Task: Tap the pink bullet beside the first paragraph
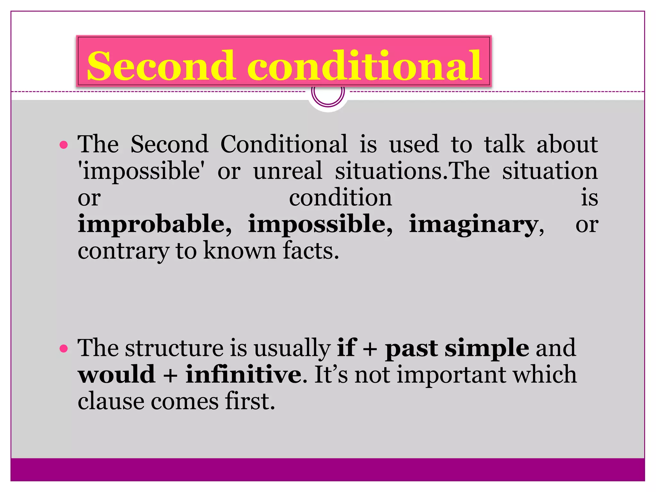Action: click(64, 145)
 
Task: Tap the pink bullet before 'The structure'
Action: click(64, 348)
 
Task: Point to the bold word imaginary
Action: click(474, 225)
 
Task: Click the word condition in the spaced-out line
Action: click(340, 198)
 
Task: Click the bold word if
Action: click(346, 348)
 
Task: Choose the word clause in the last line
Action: click(111, 401)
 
